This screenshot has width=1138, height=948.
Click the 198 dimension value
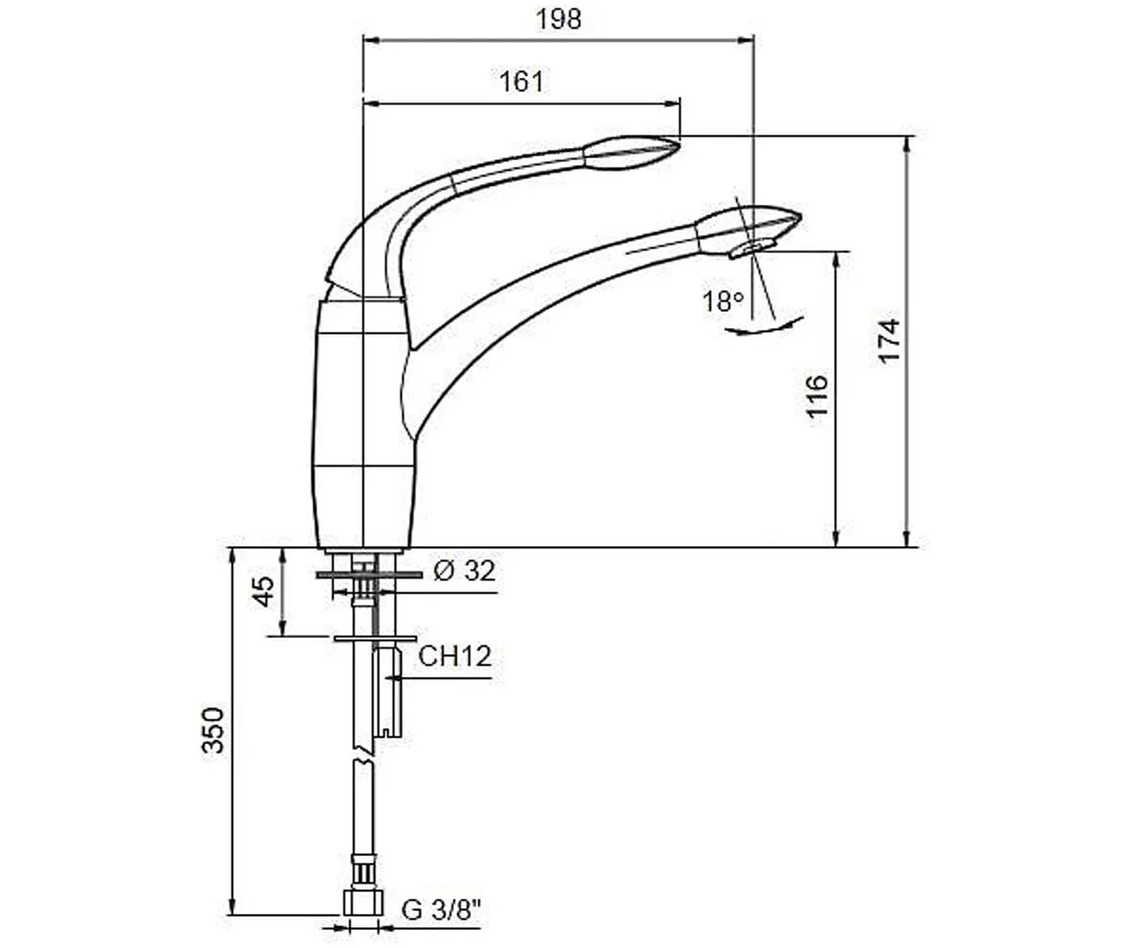(560, 20)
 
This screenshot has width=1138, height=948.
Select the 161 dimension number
(522, 82)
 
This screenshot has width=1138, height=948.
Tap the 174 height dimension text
(889, 341)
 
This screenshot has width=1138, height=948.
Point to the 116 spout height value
(817, 396)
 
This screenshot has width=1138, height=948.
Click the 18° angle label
(724, 301)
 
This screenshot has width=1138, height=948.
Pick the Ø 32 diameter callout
(465, 571)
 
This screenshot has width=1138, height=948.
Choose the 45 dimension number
(264, 592)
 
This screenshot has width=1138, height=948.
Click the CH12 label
(455, 656)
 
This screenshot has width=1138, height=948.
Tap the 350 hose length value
(212, 731)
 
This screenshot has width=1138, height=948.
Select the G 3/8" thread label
(442, 910)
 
